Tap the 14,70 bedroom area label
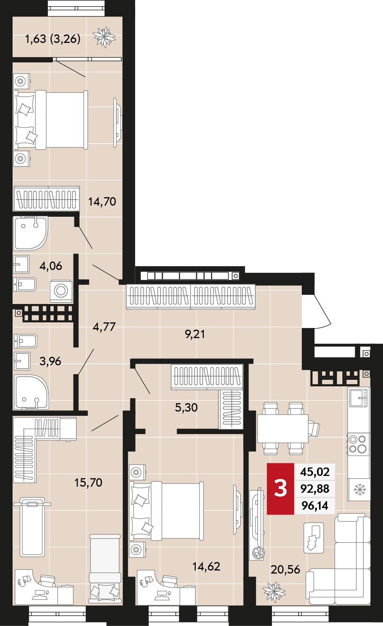[102, 201]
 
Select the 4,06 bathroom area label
[51, 266]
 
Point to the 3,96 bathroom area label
[50, 361]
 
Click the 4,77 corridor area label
[104, 327]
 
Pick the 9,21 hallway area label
[195, 334]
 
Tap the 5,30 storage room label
[186, 407]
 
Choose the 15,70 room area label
[88, 482]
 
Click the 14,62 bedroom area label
[206, 567]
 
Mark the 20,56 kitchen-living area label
[285, 569]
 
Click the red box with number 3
[280, 489]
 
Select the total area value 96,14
[315, 505]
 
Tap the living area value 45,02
[315, 472]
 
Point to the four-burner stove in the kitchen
[358, 445]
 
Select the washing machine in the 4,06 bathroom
[61, 291]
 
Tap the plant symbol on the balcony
[104, 37]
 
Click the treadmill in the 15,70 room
[33, 527]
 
